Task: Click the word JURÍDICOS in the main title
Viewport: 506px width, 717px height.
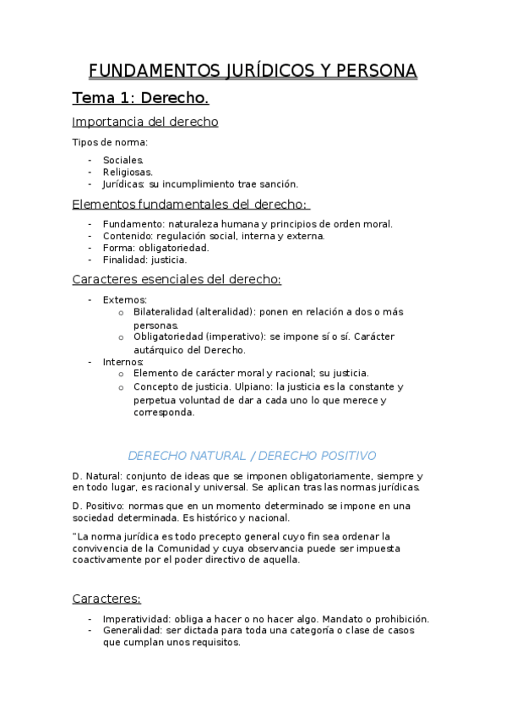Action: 253,70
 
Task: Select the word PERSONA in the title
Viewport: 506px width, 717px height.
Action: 372,70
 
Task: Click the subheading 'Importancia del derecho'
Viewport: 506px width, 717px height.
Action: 145,122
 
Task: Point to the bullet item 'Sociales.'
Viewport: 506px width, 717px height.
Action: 123,160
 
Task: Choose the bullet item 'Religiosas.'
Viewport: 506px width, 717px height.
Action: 128,172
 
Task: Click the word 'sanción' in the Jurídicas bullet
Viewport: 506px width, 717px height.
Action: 278,183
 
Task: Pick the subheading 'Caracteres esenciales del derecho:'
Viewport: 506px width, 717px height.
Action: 177,280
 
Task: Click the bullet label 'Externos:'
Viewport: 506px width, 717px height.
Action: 125,299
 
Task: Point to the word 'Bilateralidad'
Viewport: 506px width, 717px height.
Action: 163,312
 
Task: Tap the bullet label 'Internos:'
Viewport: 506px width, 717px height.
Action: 123,362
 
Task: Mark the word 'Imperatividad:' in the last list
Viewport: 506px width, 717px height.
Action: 139,618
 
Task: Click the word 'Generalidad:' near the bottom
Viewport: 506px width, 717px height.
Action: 134,631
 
